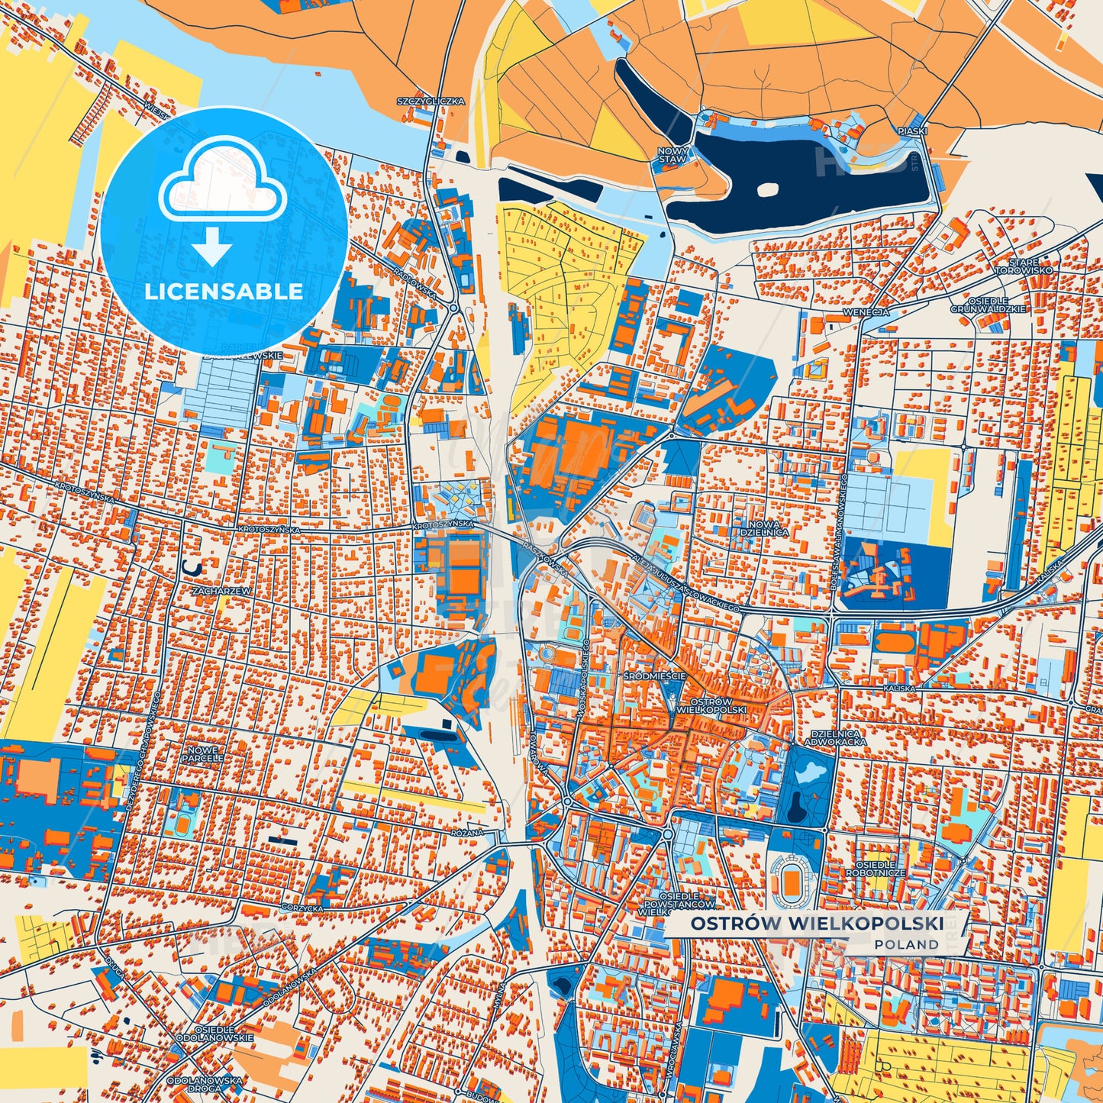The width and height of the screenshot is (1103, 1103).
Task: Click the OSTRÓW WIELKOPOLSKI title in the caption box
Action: [x=817, y=924]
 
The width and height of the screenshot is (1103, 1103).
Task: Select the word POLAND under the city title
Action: [x=907, y=945]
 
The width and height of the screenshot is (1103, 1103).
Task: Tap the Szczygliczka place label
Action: [x=431, y=101]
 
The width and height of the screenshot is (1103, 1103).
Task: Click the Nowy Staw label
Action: [x=672, y=156]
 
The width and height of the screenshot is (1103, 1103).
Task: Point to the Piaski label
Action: [x=912, y=131]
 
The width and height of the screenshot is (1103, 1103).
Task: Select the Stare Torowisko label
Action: [x=1023, y=266]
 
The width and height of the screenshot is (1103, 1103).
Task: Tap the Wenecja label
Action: [x=866, y=312]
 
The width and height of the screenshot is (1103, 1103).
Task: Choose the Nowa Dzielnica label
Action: [x=764, y=528]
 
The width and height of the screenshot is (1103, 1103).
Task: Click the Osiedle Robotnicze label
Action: [x=875, y=869]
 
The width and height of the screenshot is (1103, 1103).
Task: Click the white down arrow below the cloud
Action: [x=211, y=250]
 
